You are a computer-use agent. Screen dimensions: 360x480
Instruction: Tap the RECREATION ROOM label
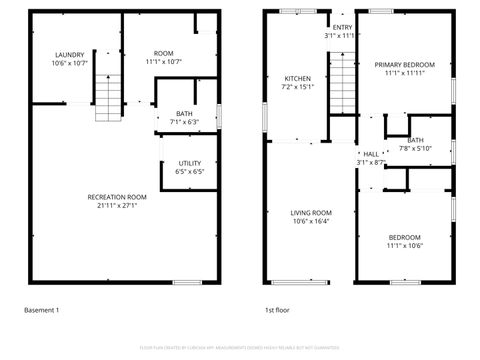(118, 197)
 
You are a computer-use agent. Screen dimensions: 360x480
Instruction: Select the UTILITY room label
(190, 163)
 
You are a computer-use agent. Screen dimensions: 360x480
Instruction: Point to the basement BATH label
(185, 114)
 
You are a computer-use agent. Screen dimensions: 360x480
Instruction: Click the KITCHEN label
(298, 78)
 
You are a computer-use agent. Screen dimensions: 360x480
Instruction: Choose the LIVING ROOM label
(311, 213)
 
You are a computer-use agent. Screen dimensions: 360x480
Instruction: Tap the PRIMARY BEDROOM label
(405, 65)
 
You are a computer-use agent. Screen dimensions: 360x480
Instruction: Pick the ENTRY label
(342, 27)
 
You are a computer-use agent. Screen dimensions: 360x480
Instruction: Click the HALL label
(371, 154)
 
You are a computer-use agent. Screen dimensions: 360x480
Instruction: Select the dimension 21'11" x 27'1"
(118, 205)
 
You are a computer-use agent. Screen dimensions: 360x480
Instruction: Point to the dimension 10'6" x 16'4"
(311, 221)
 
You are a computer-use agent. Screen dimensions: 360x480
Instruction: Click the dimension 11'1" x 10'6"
(405, 245)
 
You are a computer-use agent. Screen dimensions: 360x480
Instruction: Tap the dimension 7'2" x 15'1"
(298, 86)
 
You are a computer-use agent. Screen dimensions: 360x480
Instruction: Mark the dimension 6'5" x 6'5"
(190, 171)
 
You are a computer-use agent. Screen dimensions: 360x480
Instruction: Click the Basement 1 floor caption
(42, 311)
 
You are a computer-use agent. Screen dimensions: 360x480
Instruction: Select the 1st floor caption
(276, 311)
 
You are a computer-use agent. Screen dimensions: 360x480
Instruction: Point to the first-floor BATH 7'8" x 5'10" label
(415, 144)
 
